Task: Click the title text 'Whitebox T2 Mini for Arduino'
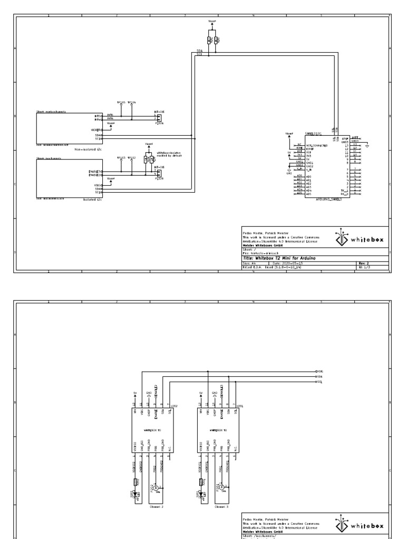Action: click(279, 258)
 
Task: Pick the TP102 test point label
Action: click(131, 157)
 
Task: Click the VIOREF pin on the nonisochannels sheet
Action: click(96, 129)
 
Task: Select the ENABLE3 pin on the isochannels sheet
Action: click(95, 171)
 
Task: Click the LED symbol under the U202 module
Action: click(138, 494)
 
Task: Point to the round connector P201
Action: click(223, 487)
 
